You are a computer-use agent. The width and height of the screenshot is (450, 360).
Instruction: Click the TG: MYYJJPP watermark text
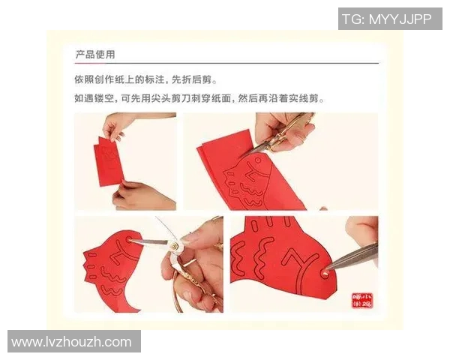(389, 19)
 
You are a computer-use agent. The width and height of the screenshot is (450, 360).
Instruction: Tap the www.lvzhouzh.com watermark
(72, 342)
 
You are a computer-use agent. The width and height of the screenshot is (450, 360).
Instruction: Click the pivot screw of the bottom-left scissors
(174, 245)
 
